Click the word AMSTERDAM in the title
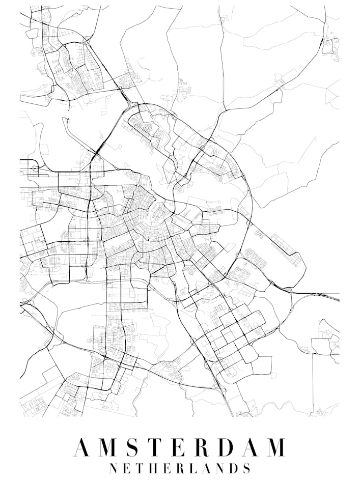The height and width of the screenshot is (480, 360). (x=180, y=447)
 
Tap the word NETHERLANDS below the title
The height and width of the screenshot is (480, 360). (x=180, y=468)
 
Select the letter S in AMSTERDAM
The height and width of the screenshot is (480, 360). (x=131, y=447)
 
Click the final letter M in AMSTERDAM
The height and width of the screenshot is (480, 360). (x=275, y=447)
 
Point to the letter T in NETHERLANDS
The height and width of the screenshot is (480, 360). (x=140, y=468)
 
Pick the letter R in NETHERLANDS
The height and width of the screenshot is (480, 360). (x=179, y=468)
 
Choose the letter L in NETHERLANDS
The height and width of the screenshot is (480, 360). (x=192, y=468)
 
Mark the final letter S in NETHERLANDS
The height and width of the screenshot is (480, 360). (x=246, y=468)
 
